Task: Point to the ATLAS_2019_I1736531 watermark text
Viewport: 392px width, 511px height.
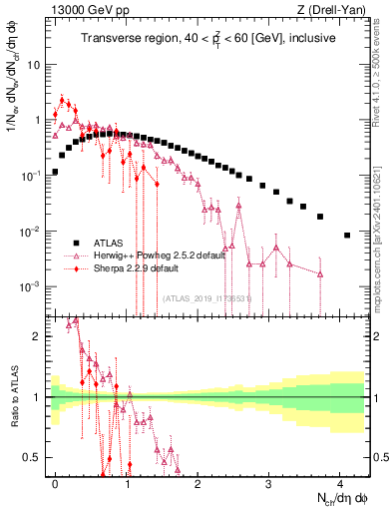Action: point(205,298)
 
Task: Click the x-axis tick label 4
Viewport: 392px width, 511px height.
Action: point(340,481)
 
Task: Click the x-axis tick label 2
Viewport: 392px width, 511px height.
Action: point(197,481)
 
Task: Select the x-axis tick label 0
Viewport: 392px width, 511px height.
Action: point(55,481)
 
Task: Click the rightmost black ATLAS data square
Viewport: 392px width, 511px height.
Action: point(347,236)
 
